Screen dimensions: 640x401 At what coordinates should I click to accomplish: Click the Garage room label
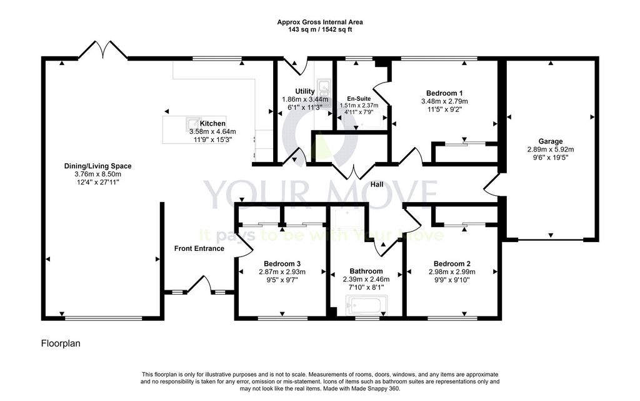pyautogui.click(x=550, y=141)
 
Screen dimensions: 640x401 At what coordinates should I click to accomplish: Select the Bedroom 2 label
pyautogui.click(x=452, y=264)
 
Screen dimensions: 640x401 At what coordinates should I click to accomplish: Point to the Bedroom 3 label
pyautogui.click(x=282, y=264)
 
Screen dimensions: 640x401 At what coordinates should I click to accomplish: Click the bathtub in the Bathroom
pyautogui.click(x=366, y=306)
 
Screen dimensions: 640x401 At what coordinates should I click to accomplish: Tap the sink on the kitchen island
pyautogui.click(x=193, y=123)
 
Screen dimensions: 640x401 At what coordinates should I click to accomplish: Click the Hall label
pyautogui.click(x=377, y=185)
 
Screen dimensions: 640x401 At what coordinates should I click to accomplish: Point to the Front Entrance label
pyautogui.click(x=199, y=248)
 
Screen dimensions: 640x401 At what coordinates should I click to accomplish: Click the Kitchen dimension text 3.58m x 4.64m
pyautogui.click(x=212, y=131)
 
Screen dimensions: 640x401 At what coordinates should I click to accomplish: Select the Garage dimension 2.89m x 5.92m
pyautogui.click(x=550, y=150)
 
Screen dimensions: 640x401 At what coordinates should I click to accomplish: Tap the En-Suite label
pyautogui.click(x=359, y=99)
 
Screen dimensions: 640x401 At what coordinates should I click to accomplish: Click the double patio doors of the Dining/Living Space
pyautogui.click(x=103, y=50)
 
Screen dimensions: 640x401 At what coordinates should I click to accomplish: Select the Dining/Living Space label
pyautogui.click(x=97, y=166)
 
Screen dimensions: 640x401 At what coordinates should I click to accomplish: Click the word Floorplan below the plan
pyautogui.click(x=61, y=343)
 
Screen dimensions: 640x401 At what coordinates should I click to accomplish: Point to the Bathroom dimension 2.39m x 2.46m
pyautogui.click(x=366, y=279)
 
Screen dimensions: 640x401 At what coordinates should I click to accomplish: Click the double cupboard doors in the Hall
pyautogui.click(x=354, y=171)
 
